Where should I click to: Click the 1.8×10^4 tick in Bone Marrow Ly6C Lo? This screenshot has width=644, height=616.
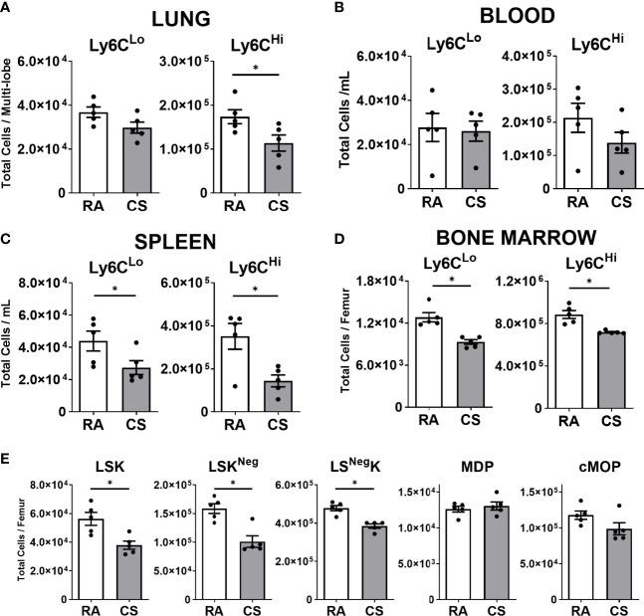pyautogui.click(x=373, y=281)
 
